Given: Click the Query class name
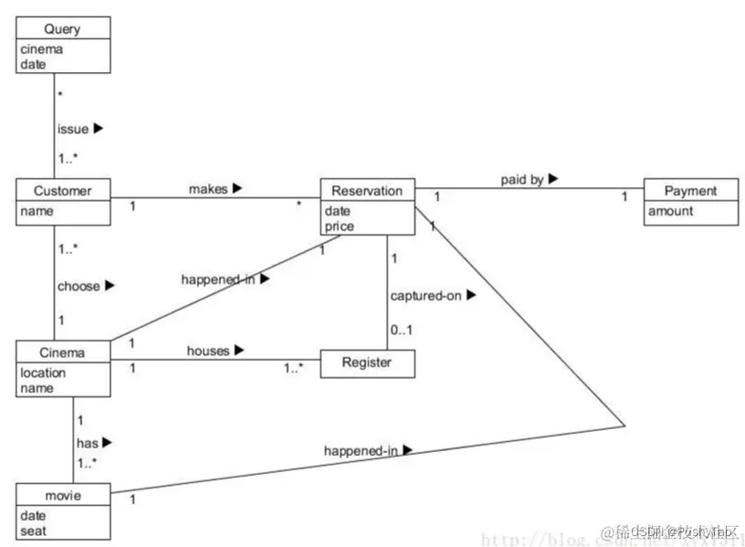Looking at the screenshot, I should pyautogui.click(x=62, y=28).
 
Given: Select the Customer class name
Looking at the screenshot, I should pyautogui.click(x=62, y=191).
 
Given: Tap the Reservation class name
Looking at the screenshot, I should pyautogui.click(x=366, y=191).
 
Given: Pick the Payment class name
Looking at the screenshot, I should pyautogui.click(x=689, y=191).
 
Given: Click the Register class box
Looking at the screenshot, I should pyautogui.click(x=366, y=363).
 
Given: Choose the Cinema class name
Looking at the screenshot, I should pyautogui.click(x=62, y=353).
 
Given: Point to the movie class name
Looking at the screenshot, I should pyautogui.click(x=62, y=496).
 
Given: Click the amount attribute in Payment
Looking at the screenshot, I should pyautogui.click(x=670, y=211).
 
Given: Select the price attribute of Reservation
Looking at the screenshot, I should pyautogui.click(x=338, y=226).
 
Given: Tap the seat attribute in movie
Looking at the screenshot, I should pyautogui.click(x=33, y=530).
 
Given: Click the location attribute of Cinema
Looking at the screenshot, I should pyautogui.click(x=43, y=373).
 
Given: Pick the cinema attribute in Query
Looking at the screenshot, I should pyautogui.click(x=41, y=49).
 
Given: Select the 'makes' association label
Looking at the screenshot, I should pyautogui.click(x=208, y=188).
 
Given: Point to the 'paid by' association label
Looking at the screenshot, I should pyautogui.click(x=521, y=180).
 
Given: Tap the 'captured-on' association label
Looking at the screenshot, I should pyautogui.click(x=426, y=296).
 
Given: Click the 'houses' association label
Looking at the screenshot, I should pyautogui.click(x=208, y=350).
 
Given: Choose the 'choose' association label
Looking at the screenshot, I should pyautogui.click(x=79, y=286).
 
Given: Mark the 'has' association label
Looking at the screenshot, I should pyautogui.click(x=88, y=442).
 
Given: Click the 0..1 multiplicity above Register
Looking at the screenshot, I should pyautogui.click(x=403, y=330).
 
